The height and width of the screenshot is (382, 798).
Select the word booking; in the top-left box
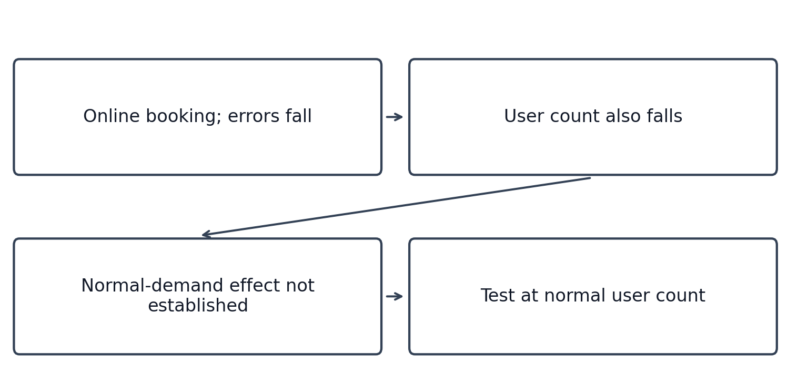pyautogui.click(x=184, y=117)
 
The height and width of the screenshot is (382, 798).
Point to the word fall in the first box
pyautogui.click(x=299, y=116)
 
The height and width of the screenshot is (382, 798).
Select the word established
pyautogui.click(x=198, y=305)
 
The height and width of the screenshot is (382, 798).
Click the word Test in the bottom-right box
pyautogui.click(x=498, y=295)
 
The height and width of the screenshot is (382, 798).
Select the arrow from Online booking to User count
pyautogui.click(x=395, y=117)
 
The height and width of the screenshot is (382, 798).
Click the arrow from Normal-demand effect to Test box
pyautogui.click(x=395, y=296)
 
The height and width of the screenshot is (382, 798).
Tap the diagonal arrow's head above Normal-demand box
pyautogui.click(x=203, y=235)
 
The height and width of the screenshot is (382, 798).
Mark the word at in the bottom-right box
pyautogui.click(x=529, y=296)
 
